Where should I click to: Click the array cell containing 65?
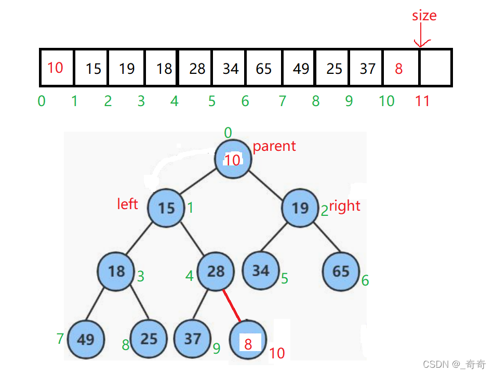[264, 68]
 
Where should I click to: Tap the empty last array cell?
[435, 68]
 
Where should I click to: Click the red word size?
[424, 16]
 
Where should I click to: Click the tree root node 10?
[233, 159]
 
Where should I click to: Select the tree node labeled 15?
[166, 209]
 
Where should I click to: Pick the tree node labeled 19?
[300, 208]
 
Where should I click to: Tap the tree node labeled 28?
[216, 271]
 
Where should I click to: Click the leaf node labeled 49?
[85, 339]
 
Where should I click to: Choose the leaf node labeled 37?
[192, 339]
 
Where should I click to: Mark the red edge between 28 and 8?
[232, 305]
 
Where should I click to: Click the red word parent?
[274, 146]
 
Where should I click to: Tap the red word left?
[128, 204]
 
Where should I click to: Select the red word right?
[345, 206]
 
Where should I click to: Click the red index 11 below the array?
[422, 101]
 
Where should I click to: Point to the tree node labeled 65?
[341, 272]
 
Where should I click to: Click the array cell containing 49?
[301, 68]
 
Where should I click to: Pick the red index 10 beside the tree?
[277, 353]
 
